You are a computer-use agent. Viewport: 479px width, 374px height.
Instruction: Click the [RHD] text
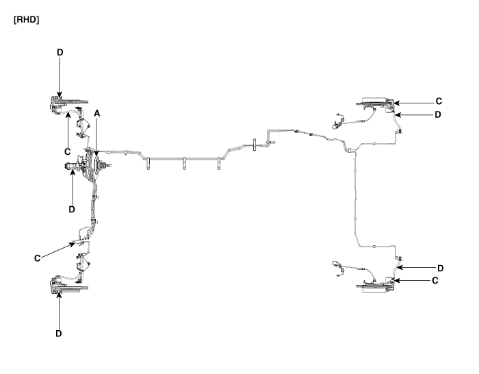[26, 20]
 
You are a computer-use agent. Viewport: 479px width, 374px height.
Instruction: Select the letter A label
[97, 114]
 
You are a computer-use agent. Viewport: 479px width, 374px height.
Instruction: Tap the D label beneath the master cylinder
[72, 210]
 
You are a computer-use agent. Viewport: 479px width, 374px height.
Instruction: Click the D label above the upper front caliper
[60, 52]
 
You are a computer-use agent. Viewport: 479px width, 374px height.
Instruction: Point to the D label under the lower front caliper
[59, 334]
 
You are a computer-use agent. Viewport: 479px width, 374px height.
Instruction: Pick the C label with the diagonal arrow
[37, 258]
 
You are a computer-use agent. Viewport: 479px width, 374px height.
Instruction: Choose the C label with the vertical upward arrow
[68, 151]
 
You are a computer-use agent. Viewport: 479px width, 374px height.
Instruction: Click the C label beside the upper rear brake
[439, 101]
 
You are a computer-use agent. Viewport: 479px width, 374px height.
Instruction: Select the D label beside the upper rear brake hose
[438, 114]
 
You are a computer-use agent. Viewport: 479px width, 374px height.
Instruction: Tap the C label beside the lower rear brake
[435, 280]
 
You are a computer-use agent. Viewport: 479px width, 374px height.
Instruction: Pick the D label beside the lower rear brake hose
[440, 269]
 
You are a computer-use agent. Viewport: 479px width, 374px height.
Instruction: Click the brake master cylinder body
[73, 166]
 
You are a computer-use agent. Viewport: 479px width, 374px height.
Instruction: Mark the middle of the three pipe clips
[184, 163]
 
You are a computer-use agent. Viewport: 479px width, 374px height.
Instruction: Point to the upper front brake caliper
[57, 105]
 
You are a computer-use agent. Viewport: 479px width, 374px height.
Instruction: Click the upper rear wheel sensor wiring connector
[337, 125]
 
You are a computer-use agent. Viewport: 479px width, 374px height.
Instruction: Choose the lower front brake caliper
[57, 284]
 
